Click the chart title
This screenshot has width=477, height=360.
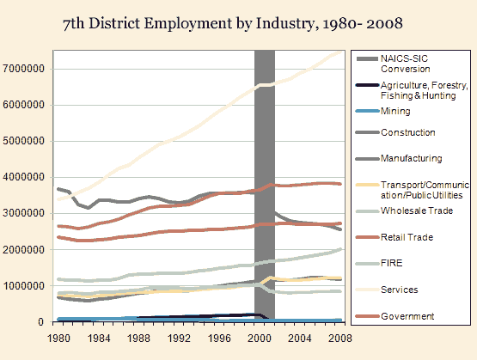click(x=233, y=23)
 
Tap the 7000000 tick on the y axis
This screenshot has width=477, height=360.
click(x=23, y=69)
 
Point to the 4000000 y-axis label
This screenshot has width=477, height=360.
click(x=23, y=177)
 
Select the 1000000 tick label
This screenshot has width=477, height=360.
click(x=23, y=286)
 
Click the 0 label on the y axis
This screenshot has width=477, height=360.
click(x=40, y=322)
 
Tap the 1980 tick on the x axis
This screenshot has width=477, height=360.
click(x=58, y=339)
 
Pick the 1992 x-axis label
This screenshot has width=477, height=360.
click(x=179, y=339)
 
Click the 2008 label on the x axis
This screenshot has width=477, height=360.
click(x=339, y=339)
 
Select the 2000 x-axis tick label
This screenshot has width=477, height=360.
click(x=260, y=339)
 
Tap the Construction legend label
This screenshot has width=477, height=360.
click(x=407, y=132)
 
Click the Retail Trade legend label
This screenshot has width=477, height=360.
click(x=407, y=237)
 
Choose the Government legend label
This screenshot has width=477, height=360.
click(x=407, y=316)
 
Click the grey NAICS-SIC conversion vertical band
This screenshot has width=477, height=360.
click(x=265, y=185)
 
